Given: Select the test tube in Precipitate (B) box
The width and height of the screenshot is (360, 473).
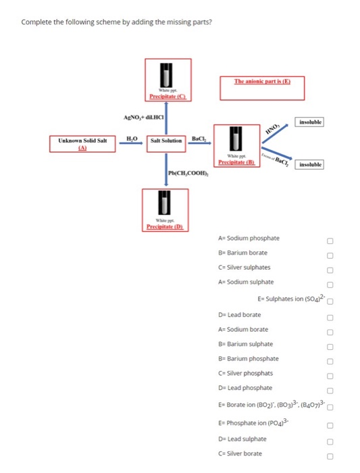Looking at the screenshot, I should [x=236, y=138].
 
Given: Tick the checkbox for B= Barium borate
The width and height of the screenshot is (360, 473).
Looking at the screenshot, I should [x=330, y=255].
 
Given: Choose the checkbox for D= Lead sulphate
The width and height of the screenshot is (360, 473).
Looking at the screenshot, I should [x=330, y=442].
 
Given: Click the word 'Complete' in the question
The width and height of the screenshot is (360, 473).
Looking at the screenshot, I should [x=36, y=22].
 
